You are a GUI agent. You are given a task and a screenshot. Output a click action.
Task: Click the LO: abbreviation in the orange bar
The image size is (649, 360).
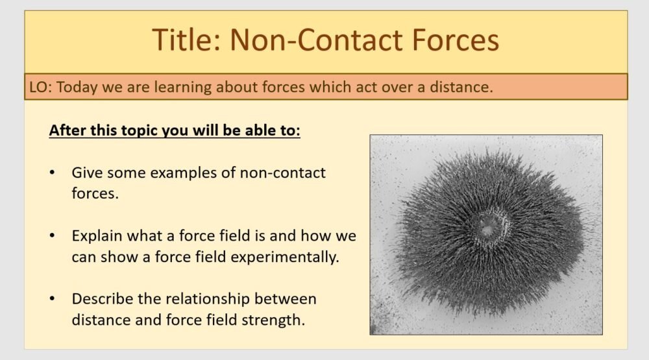(40, 87)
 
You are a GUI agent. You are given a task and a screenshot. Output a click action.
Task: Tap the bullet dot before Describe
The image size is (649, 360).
(52, 299)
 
